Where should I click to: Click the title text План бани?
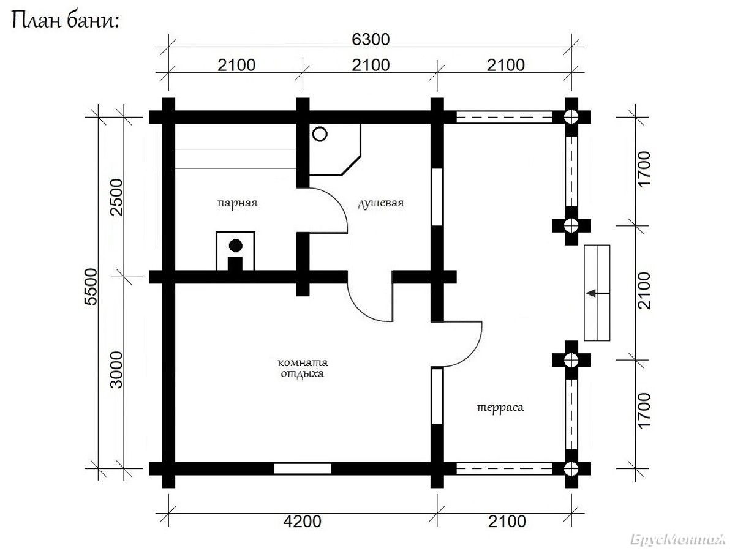tap(66, 21)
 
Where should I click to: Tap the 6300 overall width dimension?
tap(371, 39)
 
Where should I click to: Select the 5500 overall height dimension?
tap(91, 287)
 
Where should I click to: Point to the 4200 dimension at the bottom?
tap(303, 521)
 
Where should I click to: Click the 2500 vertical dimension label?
tap(117, 197)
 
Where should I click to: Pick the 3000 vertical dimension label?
tap(117, 370)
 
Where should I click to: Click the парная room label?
tap(238, 203)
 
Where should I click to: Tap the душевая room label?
tap(381, 203)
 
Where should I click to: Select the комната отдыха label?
tap(303, 368)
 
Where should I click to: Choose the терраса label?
tap(500, 408)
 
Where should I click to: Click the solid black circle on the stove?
tap(235, 246)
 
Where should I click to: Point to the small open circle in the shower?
tap(320, 134)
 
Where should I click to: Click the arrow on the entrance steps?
tap(598, 293)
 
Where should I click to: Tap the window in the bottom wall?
tap(303, 469)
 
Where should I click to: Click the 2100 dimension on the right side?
tap(644, 290)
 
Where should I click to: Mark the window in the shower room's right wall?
tap(437, 197)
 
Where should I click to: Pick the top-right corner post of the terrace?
tap(571, 117)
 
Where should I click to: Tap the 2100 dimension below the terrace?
tap(507, 521)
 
